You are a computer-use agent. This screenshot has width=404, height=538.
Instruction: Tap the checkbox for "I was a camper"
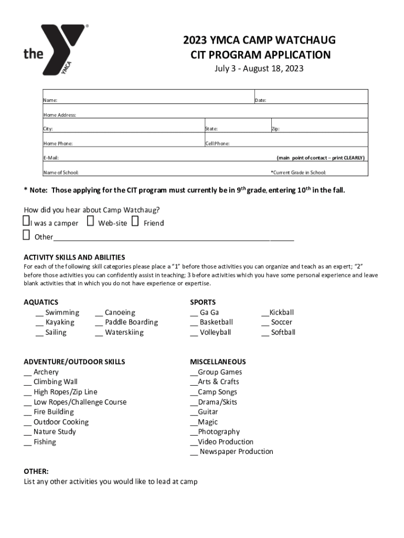26,221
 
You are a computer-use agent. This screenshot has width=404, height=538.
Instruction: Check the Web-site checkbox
90,221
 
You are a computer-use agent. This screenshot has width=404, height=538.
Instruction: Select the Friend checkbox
135,221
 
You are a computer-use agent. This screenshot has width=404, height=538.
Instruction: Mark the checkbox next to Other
26,235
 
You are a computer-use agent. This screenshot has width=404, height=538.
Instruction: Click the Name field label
50,100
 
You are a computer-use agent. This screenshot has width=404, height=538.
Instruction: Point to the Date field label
261,100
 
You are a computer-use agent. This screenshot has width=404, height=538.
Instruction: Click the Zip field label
275,129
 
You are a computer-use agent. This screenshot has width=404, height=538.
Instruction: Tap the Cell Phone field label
217,143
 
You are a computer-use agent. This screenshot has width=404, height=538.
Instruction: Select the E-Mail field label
51,158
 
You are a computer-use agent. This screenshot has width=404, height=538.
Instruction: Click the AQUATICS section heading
41,302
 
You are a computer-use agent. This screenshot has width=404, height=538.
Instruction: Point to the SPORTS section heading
203,302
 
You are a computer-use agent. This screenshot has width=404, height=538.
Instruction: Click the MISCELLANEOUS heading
218,361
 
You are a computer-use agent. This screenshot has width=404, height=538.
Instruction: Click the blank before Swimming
39,314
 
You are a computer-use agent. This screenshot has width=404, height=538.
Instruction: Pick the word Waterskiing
124,332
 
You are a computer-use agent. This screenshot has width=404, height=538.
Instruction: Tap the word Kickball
281,312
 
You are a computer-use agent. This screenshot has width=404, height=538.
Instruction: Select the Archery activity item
46,372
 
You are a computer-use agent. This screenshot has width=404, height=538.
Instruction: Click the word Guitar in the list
208,412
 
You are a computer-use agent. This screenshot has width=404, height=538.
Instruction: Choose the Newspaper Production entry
236,451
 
